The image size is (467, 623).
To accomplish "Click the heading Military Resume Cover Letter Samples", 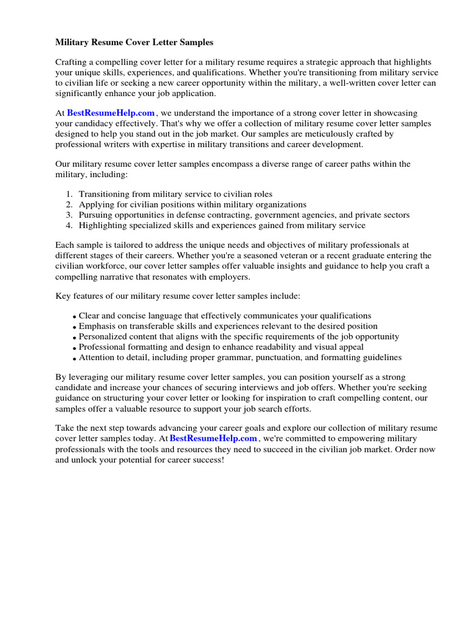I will click(x=134, y=43).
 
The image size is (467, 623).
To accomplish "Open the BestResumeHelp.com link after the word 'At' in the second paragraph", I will click(x=111, y=113).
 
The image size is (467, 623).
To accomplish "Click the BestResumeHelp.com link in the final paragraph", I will click(x=213, y=438).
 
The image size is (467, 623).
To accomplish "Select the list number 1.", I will click(x=69, y=194).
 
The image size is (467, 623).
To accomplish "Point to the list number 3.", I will click(x=69, y=215).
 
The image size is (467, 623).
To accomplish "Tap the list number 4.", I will click(x=69, y=225).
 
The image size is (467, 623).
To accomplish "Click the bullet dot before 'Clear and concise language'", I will click(x=74, y=317).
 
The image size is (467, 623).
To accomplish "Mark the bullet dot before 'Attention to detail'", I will click(x=74, y=358).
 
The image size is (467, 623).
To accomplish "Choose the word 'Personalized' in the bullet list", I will click(x=103, y=336).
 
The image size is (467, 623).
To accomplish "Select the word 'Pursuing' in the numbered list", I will click(x=95, y=215).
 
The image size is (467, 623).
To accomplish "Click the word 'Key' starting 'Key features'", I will click(x=63, y=296).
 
